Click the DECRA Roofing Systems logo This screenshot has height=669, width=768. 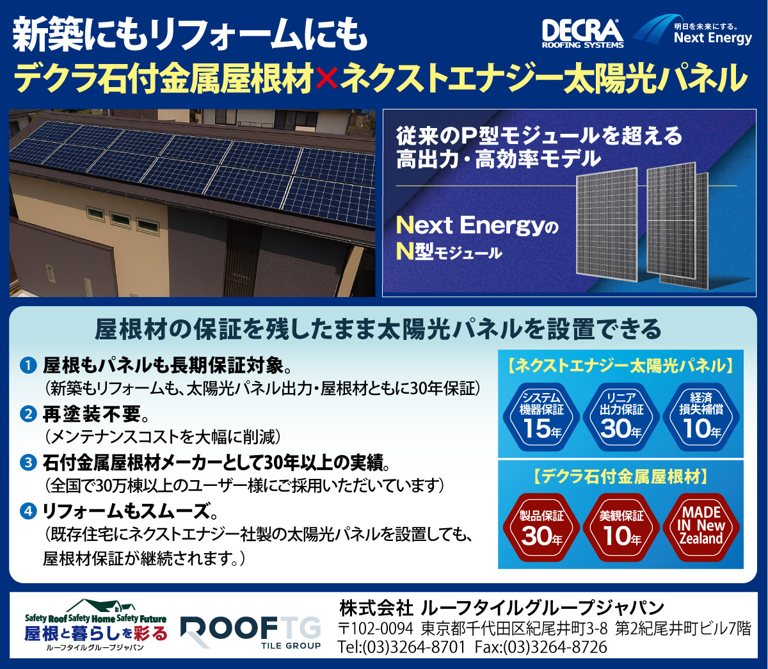(x=582, y=34)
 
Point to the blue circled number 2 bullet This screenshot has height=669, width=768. (x=28, y=414)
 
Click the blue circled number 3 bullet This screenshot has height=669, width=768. (x=28, y=462)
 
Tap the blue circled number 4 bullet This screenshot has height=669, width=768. (x=28, y=512)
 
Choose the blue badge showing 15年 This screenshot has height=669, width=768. (x=541, y=417)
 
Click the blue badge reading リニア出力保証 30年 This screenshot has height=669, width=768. (x=621, y=417)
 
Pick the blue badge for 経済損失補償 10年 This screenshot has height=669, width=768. (x=701, y=417)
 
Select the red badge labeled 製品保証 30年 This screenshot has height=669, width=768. (x=541, y=527)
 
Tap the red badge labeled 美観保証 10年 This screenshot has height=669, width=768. (x=621, y=527)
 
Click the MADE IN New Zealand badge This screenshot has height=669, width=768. (x=701, y=527)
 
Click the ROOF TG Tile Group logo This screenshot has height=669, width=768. (x=251, y=633)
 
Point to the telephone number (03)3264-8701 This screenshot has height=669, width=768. (x=413, y=647)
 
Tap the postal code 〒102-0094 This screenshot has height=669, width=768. (x=375, y=628)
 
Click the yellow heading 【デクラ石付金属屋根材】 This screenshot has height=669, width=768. (x=621, y=476)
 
